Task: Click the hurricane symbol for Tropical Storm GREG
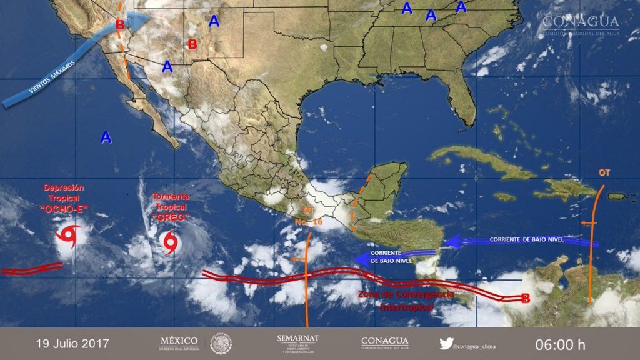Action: [170, 242]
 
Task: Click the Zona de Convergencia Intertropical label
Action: [407, 301]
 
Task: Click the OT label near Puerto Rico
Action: [604, 172]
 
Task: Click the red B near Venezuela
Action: [526, 299]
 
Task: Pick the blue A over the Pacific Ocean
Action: [106, 137]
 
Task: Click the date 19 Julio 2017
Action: [72, 344]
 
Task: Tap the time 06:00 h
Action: [560, 344]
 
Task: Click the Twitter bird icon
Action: [446, 343]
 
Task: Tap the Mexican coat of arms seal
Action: [221, 343]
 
